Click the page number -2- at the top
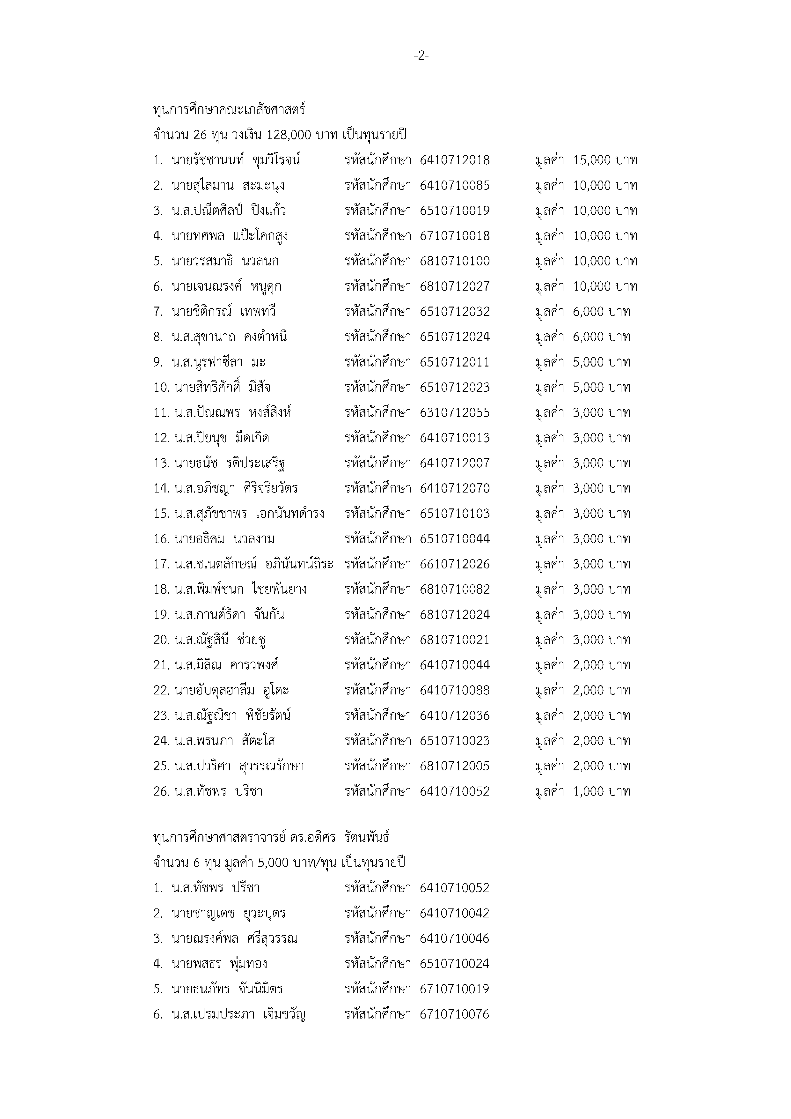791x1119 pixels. (421, 56)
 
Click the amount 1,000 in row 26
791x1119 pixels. (588, 791)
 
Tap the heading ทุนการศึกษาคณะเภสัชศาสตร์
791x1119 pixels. (229, 110)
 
